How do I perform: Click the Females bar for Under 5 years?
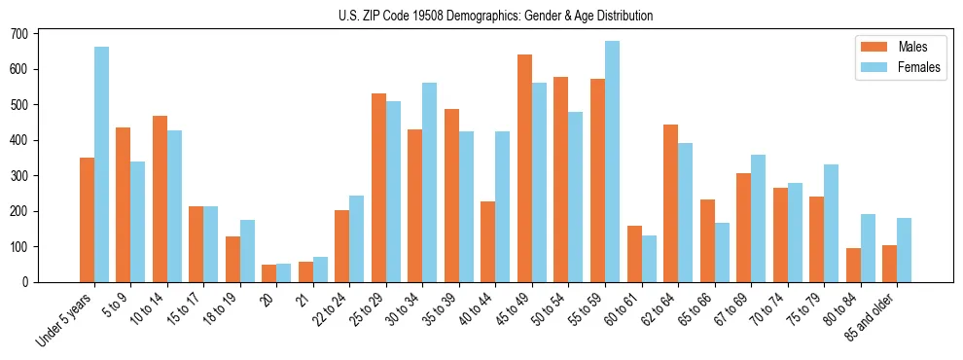(x=102, y=164)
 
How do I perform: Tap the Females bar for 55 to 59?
(x=612, y=162)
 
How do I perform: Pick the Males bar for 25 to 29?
(x=378, y=188)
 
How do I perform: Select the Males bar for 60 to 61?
(x=634, y=254)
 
